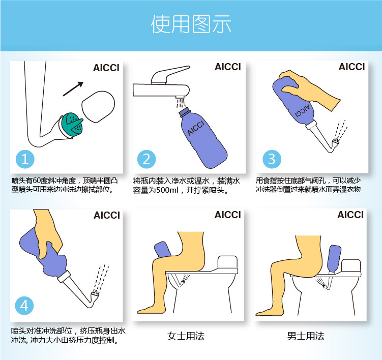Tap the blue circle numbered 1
pos(24,159)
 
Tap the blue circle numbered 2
pos(146,159)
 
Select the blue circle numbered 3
pos(271,159)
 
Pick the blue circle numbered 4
pos(24,306)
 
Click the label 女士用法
pos(186,336)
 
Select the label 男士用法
pos(305,336)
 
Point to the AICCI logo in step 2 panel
pos(227,67)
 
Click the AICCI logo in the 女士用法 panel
pos(227,215)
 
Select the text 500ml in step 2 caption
pos(165,191)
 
